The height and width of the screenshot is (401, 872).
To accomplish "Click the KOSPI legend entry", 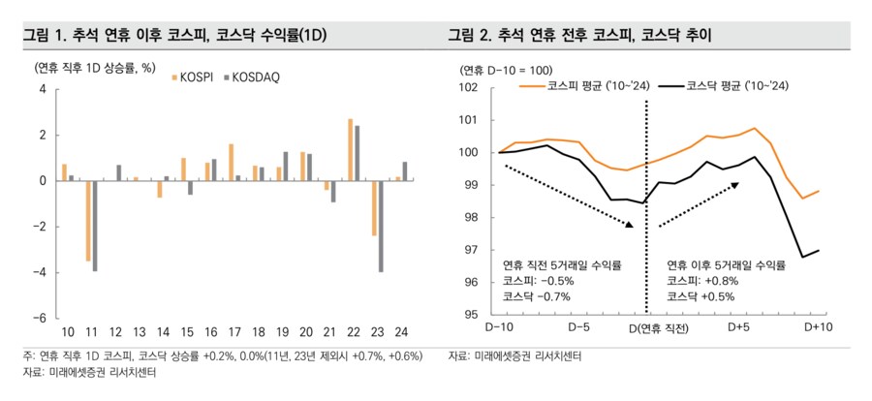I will point(199,77).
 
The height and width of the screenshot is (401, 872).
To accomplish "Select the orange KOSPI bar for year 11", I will point(88,220).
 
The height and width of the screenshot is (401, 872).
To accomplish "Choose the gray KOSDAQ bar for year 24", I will point(404,170).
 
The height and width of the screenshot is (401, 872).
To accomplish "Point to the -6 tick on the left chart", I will point(40,318).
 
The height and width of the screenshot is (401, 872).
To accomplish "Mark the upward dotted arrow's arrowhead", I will point(736,182).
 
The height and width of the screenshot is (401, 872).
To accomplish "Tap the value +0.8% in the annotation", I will point(723,281).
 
